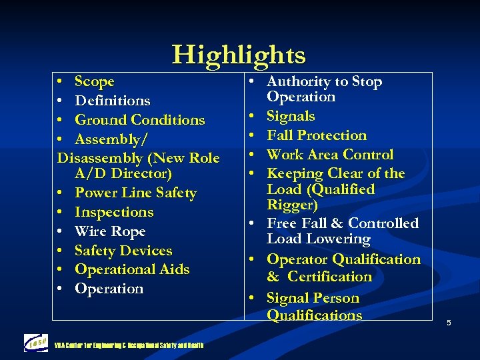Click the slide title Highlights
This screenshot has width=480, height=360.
[x=239, y=55]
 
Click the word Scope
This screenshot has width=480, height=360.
[x=95, y=81]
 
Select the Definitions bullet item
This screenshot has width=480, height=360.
[x=113, y=101]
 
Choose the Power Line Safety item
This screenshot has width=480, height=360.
[x=135, y=193]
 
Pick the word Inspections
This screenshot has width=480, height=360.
[x=114, y=213]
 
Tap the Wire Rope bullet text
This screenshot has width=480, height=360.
[x=110, y=231]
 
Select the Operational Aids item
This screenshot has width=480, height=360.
[x=132, y=270]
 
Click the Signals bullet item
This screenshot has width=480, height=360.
[x=291, y=116]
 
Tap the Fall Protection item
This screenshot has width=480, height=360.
[x=317, y=135]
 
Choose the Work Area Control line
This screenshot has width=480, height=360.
[x=330, y=155]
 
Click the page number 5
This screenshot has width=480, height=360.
[x=449, y=323]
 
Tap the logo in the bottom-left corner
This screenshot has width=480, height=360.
[x=36, y=343]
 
